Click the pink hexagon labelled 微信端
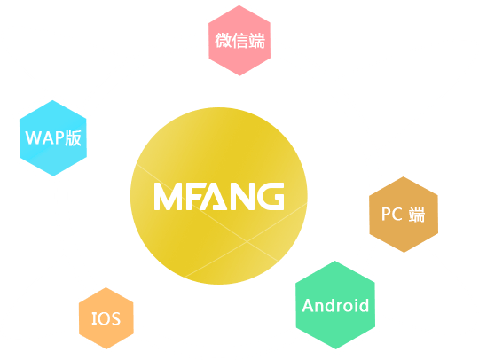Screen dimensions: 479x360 click(239, 40)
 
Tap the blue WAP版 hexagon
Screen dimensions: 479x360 click(53, 138)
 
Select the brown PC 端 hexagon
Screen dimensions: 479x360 click(404, 215)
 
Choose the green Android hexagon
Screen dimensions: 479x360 click(335, 305)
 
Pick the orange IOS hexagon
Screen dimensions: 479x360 click(106, 318)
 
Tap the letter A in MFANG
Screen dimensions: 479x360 click(214, 196)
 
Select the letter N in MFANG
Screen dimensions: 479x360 click(242, 196)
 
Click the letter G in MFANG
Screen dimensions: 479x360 click(271, 196)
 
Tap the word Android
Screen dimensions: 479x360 click(335, 305)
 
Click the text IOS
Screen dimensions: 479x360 click(106, 318)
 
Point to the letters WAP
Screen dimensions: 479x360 click(44, 137)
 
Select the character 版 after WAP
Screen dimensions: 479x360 click(74, 138)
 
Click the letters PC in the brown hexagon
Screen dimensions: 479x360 click(392, 214)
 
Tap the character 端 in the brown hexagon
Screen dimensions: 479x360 click(417, 215)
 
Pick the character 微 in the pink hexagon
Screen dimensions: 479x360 click(223, 40)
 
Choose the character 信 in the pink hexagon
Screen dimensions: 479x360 click(239, 40)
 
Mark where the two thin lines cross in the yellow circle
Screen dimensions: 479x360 click(247, 241)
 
